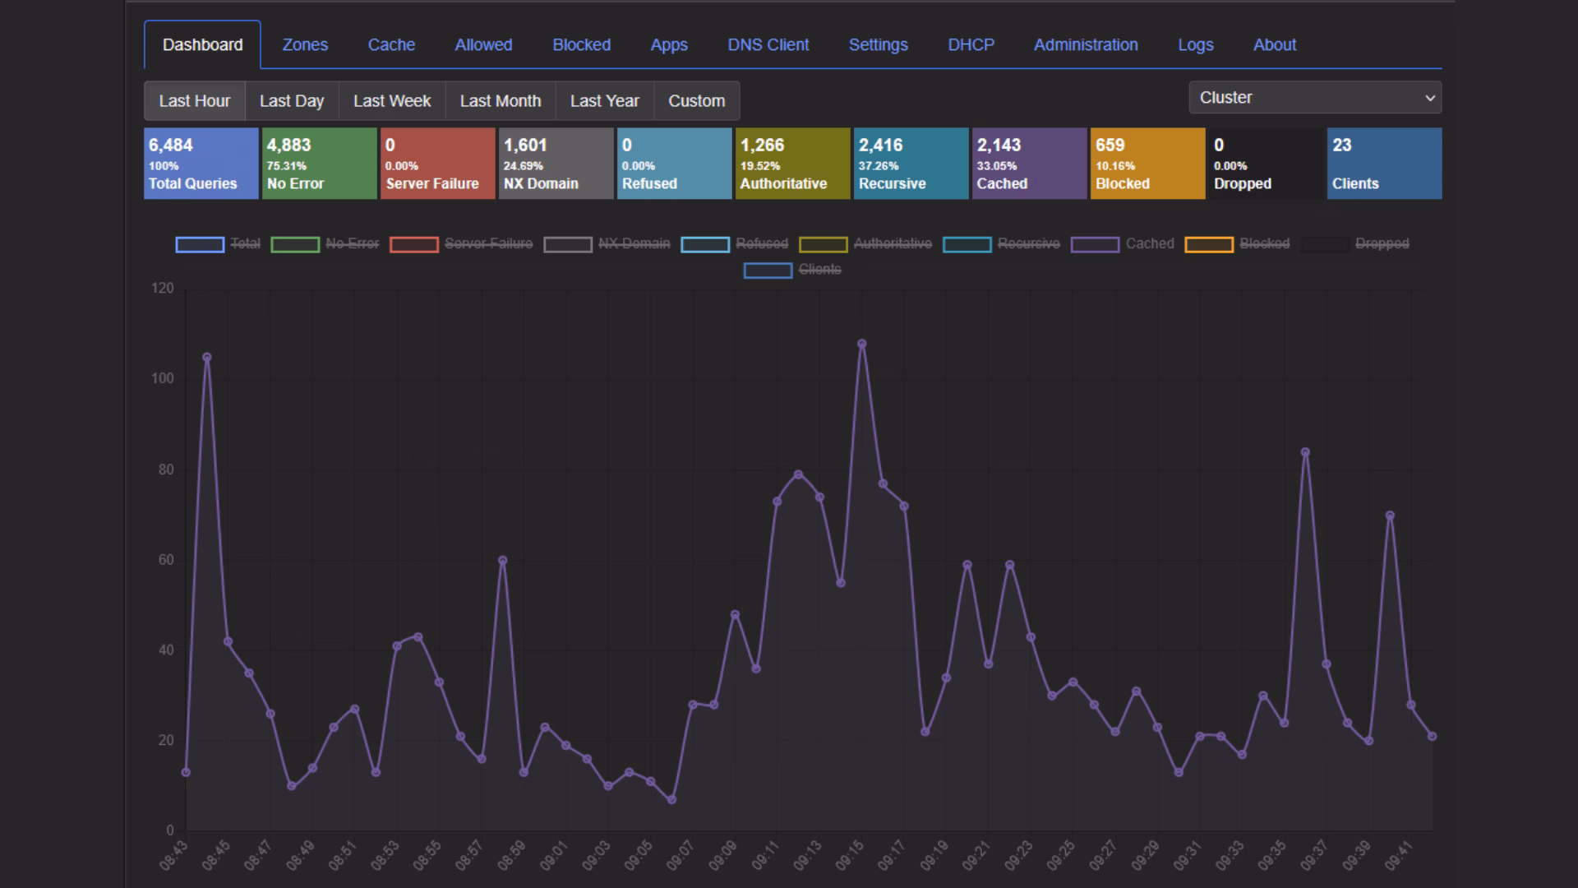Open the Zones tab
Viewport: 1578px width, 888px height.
tap(305, 45)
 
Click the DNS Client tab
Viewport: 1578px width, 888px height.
tap(768, 45)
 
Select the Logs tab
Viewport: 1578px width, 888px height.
tap(1195, 45)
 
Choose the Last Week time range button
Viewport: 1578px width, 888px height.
tap(392, 101)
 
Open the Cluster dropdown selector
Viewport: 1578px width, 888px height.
tap(1315, 98)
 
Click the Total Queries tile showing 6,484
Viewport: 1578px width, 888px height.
tap(201, 163)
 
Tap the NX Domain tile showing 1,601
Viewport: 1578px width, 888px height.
tap(556, 163)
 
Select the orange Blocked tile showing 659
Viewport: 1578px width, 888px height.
tap(1148, 163)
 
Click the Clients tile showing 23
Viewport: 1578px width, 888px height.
tap(1385, 163)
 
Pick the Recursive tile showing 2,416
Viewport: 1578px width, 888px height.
tap(911, 163)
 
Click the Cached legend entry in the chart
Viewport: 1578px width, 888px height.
tap(1123, 244)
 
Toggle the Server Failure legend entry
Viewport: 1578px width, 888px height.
tap(461, 244)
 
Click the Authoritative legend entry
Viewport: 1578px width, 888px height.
tap(865, 244)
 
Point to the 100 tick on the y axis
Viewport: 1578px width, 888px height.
tap(163, 378)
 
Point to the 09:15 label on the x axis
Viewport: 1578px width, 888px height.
tap(849, 856)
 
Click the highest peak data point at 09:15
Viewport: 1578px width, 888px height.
tap(861, 344)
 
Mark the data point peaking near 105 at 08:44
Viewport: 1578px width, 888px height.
tap(206, 358)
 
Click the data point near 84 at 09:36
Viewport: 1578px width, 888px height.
tap(1305, 452)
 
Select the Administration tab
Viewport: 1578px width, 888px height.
tap(1086, 45)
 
